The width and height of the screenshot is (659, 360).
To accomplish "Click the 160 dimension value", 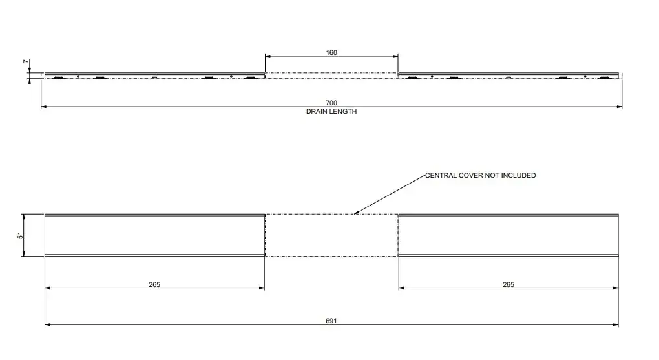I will point(331,52).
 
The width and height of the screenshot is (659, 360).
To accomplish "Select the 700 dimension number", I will point(331,103).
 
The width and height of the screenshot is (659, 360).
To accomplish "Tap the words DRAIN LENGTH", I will point(331,111).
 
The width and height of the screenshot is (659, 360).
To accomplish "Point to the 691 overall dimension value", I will point(331,321).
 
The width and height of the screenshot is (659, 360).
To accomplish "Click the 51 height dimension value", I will point(20,235).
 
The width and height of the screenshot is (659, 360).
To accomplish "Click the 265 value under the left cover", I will point(154,284).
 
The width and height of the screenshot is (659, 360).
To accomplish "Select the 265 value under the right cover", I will point(508,284).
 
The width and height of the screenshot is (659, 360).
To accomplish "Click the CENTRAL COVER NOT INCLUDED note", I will point(480,175).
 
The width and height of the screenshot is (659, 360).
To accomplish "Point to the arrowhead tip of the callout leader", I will point(354,213).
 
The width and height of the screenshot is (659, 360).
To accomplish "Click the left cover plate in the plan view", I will point(154,235).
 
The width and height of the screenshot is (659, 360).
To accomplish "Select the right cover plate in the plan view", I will point(508,235).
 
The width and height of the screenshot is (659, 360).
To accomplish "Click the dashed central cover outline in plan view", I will point(331,235).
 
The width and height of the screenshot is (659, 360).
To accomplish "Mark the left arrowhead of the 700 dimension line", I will point(43,107).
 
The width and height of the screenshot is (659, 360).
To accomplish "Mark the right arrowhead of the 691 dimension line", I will point(616,325).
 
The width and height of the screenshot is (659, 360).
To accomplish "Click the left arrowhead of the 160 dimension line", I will point(267,57).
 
